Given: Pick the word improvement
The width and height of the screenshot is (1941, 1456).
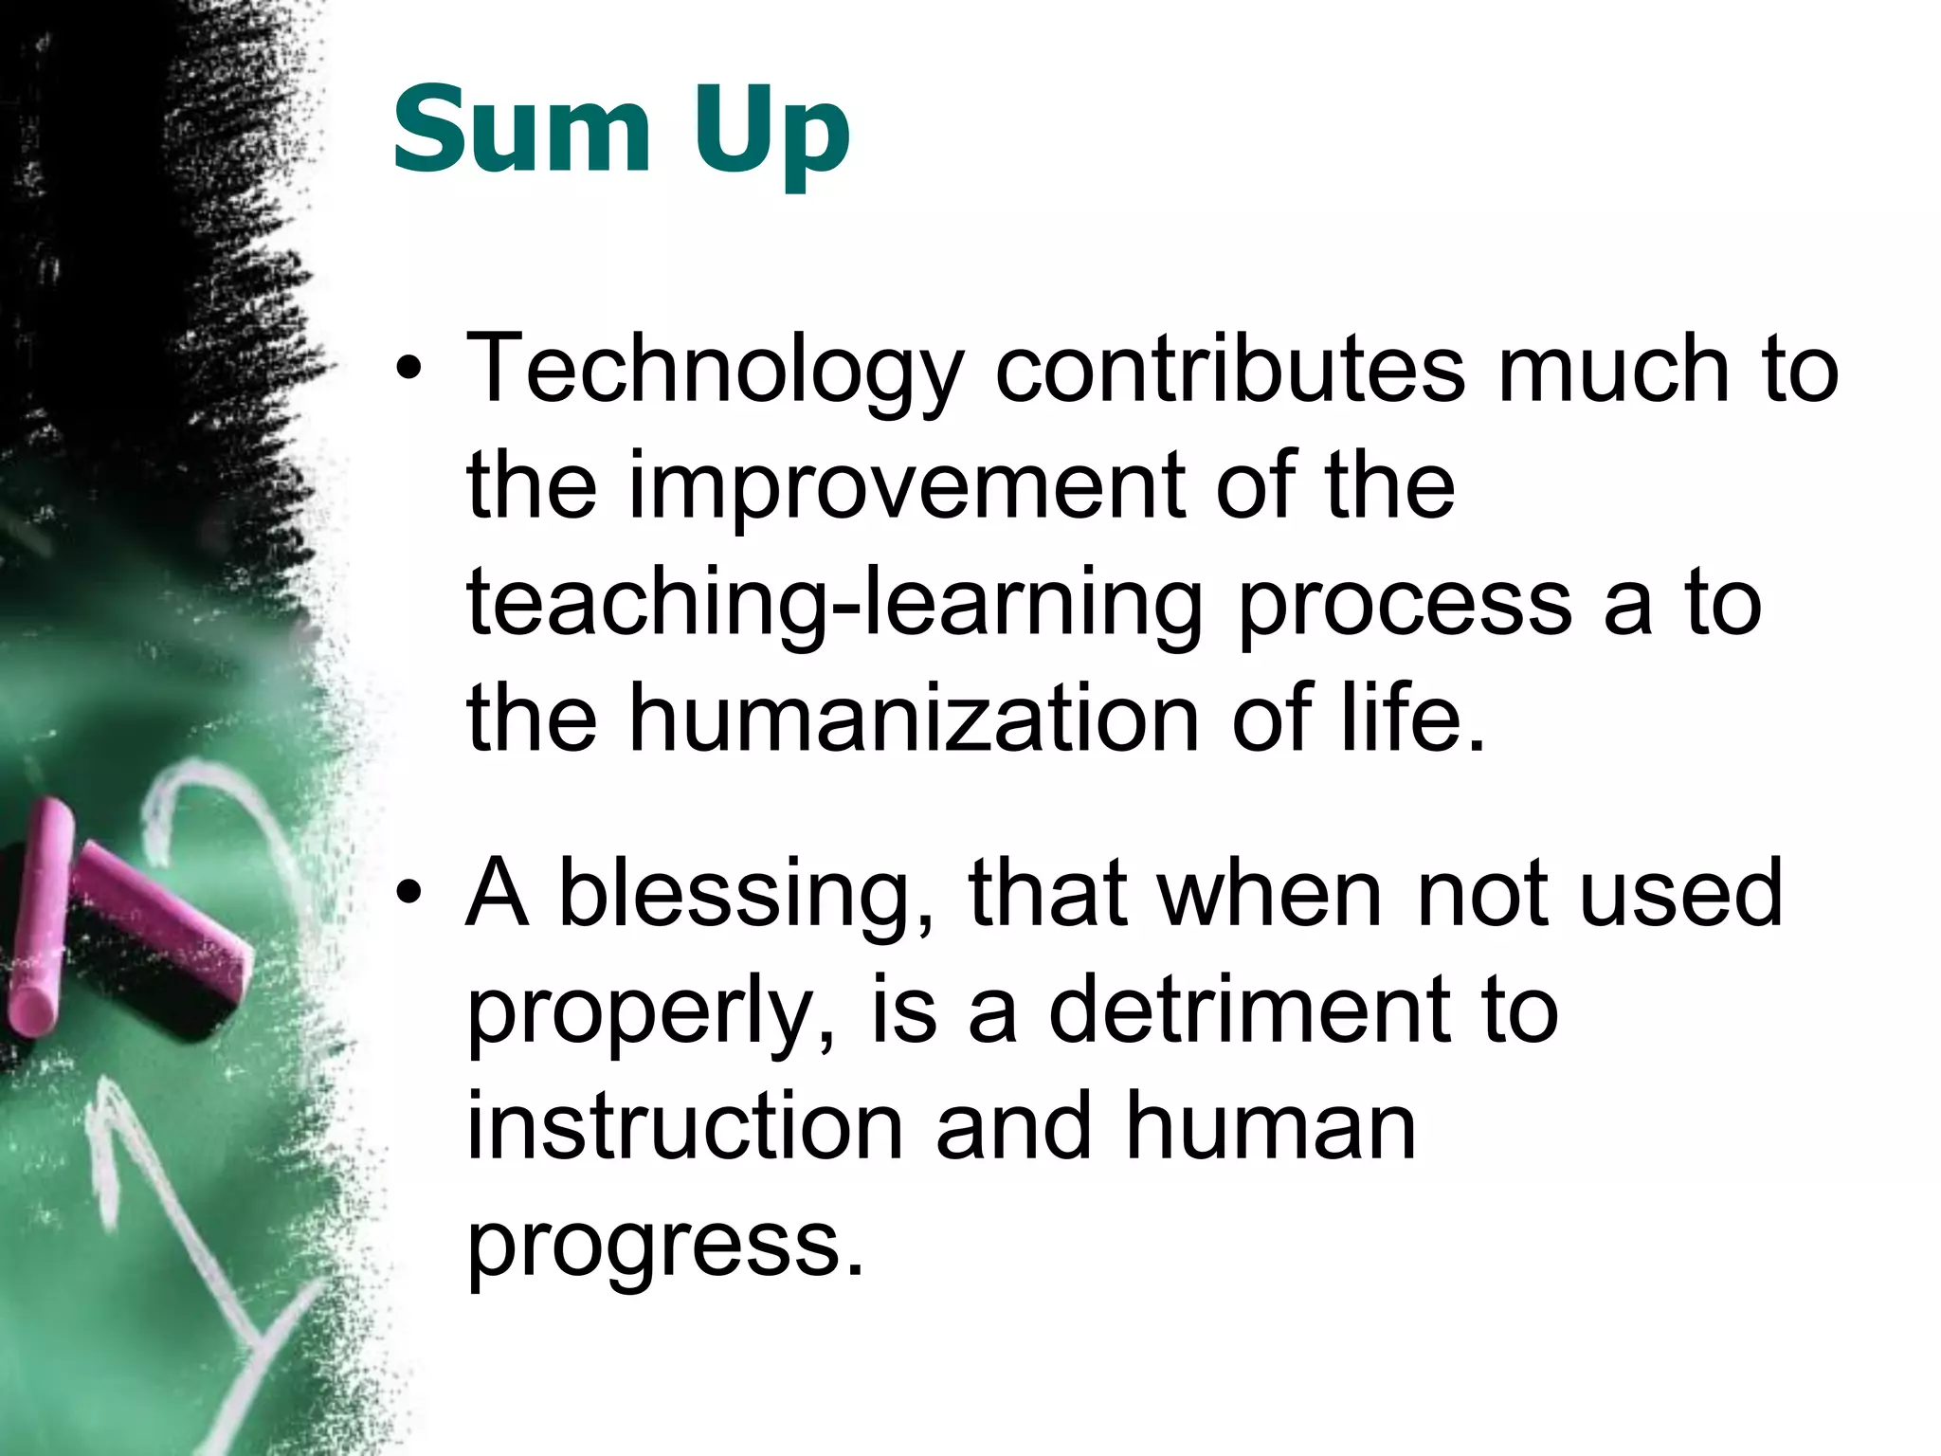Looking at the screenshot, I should click(x=907, y=488).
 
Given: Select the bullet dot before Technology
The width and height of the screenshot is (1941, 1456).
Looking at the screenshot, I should click(x=408, y=372).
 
